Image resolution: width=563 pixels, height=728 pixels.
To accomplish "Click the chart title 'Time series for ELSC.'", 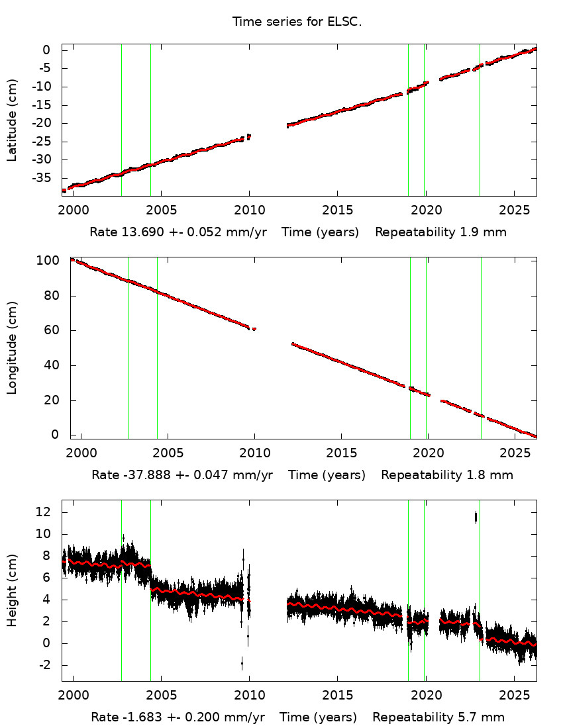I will point(297,22).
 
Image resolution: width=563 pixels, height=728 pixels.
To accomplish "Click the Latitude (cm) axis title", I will point(12,120).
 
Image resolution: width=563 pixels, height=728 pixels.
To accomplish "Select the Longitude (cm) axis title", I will point(12,348).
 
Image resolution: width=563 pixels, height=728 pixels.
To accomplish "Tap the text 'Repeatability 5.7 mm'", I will point(438,717).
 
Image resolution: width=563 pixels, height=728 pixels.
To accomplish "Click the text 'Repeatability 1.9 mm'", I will point(441,233).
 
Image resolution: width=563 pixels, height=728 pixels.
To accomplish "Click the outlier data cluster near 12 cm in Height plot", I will point(476,518).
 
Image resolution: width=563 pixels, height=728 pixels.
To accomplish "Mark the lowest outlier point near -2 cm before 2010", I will point(242,662).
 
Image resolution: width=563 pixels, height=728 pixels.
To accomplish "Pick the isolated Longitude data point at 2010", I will point(254,329).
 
